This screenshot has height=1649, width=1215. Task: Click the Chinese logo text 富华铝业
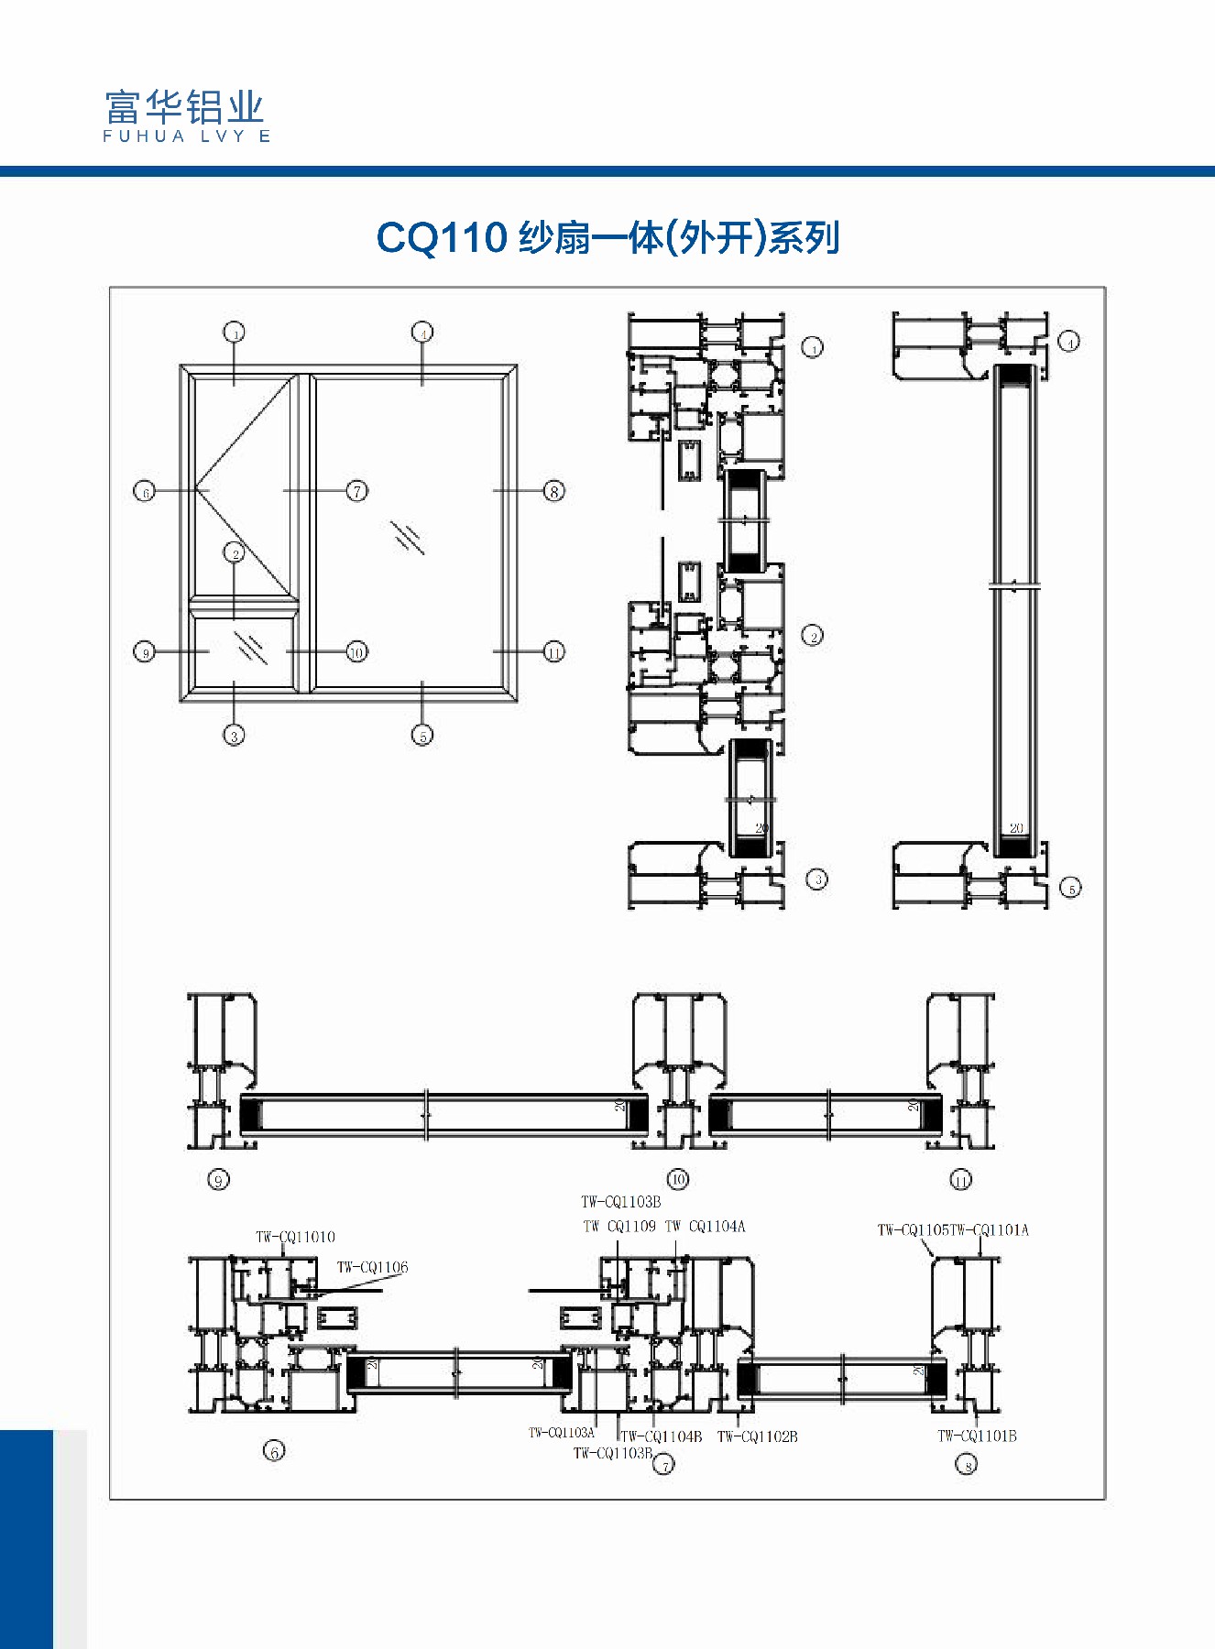[x=184, y=107]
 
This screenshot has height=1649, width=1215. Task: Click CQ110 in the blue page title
[x=442, y=238]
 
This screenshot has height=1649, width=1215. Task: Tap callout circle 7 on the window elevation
[x=357, y=491]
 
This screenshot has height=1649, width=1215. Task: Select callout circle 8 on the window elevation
[x=553, y=491]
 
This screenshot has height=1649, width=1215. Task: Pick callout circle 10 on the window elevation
[x=356, y=652]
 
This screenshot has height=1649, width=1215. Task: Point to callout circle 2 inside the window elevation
[x=235, y=553]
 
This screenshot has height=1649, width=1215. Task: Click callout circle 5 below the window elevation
[x=422, y=735]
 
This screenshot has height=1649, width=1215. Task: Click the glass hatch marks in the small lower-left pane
[x=250, y=648]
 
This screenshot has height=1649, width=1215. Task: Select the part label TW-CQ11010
[x=295, y=1237]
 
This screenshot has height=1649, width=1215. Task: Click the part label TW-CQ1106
[x=372, y=1267]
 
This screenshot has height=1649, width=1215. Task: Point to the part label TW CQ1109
[x=619, y=1227]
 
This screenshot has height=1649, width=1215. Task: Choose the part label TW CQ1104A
[x=705, y=1227]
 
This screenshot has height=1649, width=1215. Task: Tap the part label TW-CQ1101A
[x=990, y=1230]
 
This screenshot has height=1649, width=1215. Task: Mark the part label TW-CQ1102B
[x=757, y=1436]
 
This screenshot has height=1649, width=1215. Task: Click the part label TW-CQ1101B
[x=977, y=1436]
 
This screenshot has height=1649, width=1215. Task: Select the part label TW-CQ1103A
[x=561, y=1433]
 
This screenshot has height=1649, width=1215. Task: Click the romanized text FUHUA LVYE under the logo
[x=186, y=137]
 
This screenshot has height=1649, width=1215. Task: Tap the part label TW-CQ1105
[x=914, y=1230]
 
